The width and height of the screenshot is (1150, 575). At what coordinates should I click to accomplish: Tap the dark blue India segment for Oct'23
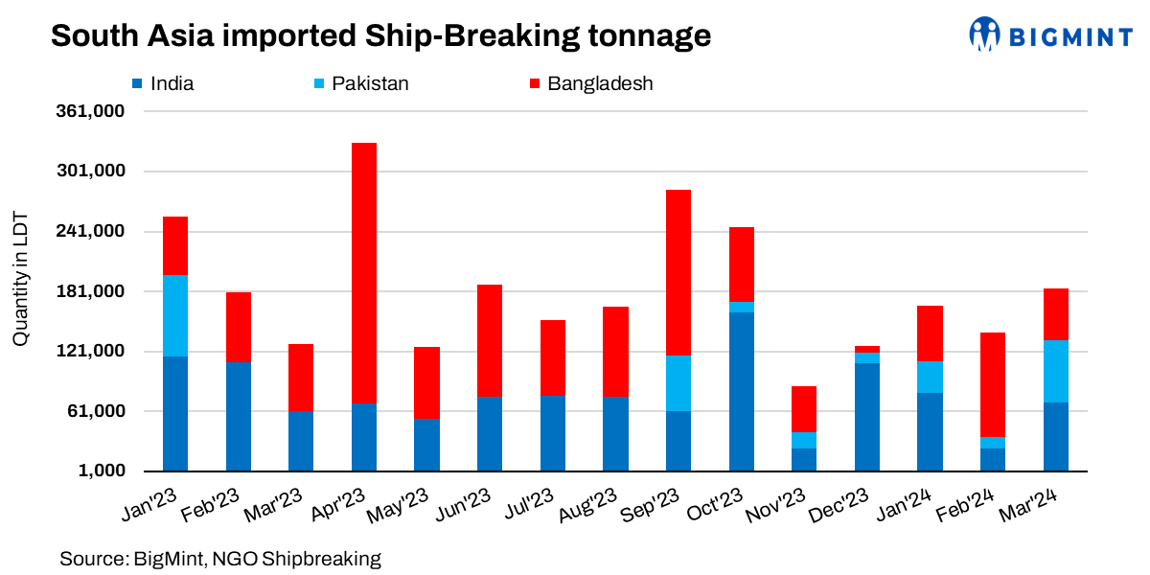coord(741,391)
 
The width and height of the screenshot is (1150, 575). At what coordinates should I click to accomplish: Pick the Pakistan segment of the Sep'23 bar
coord(678,383)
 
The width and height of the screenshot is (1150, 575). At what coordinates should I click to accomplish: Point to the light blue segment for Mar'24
coord(1055,371)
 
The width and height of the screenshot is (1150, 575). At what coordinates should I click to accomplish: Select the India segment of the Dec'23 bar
coord(867,417)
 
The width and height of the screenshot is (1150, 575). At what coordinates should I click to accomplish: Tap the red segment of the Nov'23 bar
coord(804,409)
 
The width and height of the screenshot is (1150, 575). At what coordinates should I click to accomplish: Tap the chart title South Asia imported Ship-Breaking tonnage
coord(380,35)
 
